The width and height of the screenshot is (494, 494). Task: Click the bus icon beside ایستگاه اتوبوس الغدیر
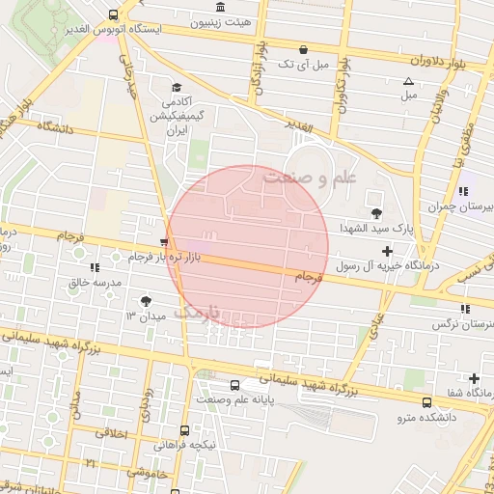[x=114, y=14]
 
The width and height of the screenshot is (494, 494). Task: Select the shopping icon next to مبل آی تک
[x=303, y=49]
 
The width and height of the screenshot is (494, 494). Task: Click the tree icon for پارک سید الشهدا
[x=375, y=213]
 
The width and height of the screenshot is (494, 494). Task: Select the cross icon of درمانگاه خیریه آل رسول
[x=388, y=251]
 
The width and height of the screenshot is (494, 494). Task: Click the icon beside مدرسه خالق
[x=94, y=267]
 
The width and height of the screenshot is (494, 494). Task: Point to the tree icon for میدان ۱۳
[x=146, y=301]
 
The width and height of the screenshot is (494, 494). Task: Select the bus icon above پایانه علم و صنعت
[x=236, y=384]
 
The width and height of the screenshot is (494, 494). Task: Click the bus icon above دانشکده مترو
[x=426, y=402]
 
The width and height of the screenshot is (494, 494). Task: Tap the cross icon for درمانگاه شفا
[x=474, y=378]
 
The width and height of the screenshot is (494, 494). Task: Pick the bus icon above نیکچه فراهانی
[x=184, y=430]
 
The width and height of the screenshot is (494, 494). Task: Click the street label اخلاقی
[x=112, y=434]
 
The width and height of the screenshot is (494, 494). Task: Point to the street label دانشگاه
[x=58, y=125]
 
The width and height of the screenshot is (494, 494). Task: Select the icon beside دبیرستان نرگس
[x=465, y=309]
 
